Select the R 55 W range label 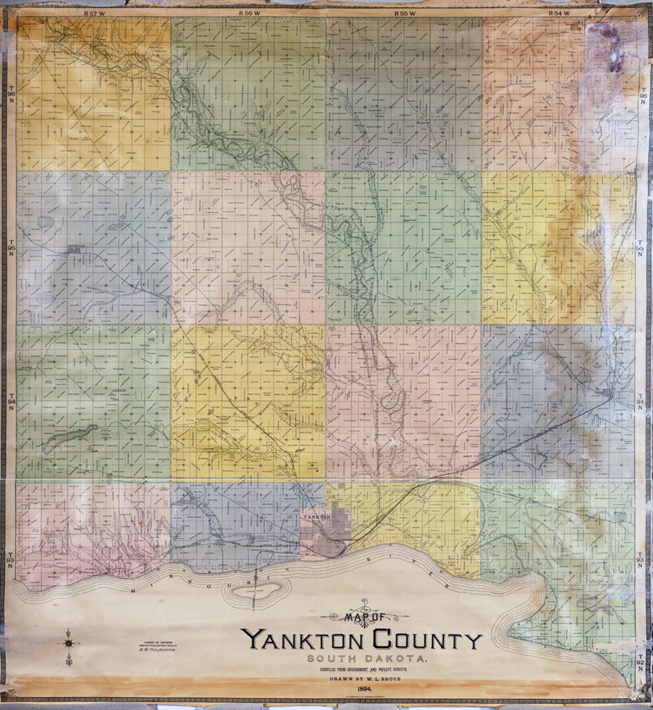tap(405, 13)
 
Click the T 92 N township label tap(640, 665)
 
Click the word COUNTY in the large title tap(427, 640)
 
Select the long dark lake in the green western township tap(70, 438)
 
